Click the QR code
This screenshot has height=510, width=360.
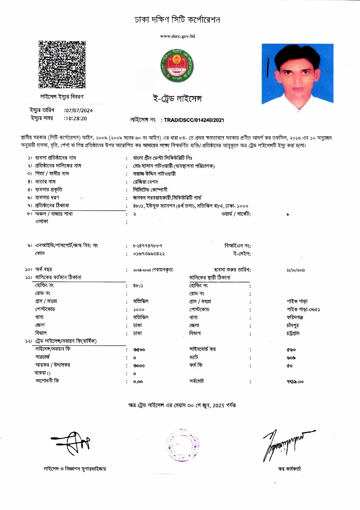click(62, 64)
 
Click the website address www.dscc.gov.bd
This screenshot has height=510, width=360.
click(177, 36)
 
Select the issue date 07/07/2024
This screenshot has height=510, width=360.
click(79, 110)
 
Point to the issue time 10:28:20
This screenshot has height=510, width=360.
click(76, 118)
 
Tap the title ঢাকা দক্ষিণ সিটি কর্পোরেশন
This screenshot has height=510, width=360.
click(177, 20)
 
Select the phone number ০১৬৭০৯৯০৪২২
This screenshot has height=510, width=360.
click(149, 253)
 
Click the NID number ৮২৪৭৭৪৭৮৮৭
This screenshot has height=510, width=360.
click(147, 245)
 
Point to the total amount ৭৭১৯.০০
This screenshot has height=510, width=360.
click(295, 381)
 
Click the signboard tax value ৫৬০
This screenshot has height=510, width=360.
click(291, 349)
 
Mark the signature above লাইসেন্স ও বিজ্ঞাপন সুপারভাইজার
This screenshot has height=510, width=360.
click(75, 443)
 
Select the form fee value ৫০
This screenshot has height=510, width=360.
click(290, 365)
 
